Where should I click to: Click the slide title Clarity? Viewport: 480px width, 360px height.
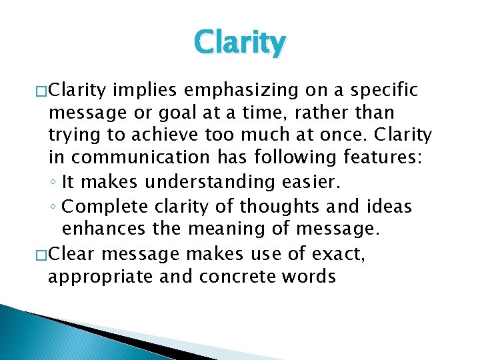(240, 43)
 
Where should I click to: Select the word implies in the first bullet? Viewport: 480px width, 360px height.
(142, 90)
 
